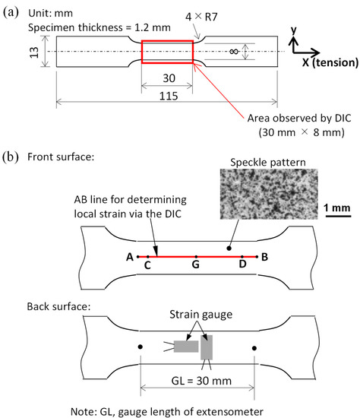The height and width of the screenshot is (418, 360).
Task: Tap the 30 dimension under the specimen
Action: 167,78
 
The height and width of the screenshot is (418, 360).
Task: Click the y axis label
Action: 294,29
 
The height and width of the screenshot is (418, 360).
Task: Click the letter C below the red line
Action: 147,266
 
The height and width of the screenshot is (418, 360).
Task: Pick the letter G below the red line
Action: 196,266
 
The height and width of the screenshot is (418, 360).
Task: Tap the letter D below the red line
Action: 242,266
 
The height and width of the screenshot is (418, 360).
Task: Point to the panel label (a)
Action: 11,9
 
